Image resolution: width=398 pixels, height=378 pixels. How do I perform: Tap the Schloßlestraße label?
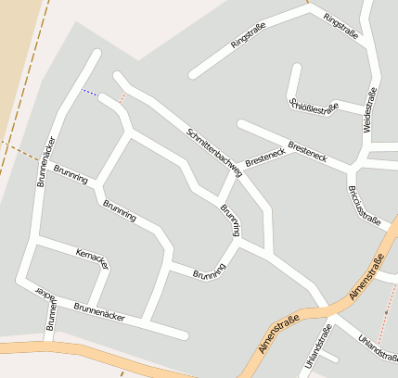pos(315,107)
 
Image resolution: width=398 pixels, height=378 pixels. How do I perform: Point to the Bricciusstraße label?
pos(363,205)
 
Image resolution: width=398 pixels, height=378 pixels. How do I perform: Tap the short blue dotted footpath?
pos(90,92)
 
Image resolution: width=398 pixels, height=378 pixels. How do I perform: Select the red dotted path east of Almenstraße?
pos(389,306)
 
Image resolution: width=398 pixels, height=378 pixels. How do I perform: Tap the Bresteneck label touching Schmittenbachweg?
pos(264,158)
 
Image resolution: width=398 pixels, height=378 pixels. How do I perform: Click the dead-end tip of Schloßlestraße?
pos(297,68)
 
